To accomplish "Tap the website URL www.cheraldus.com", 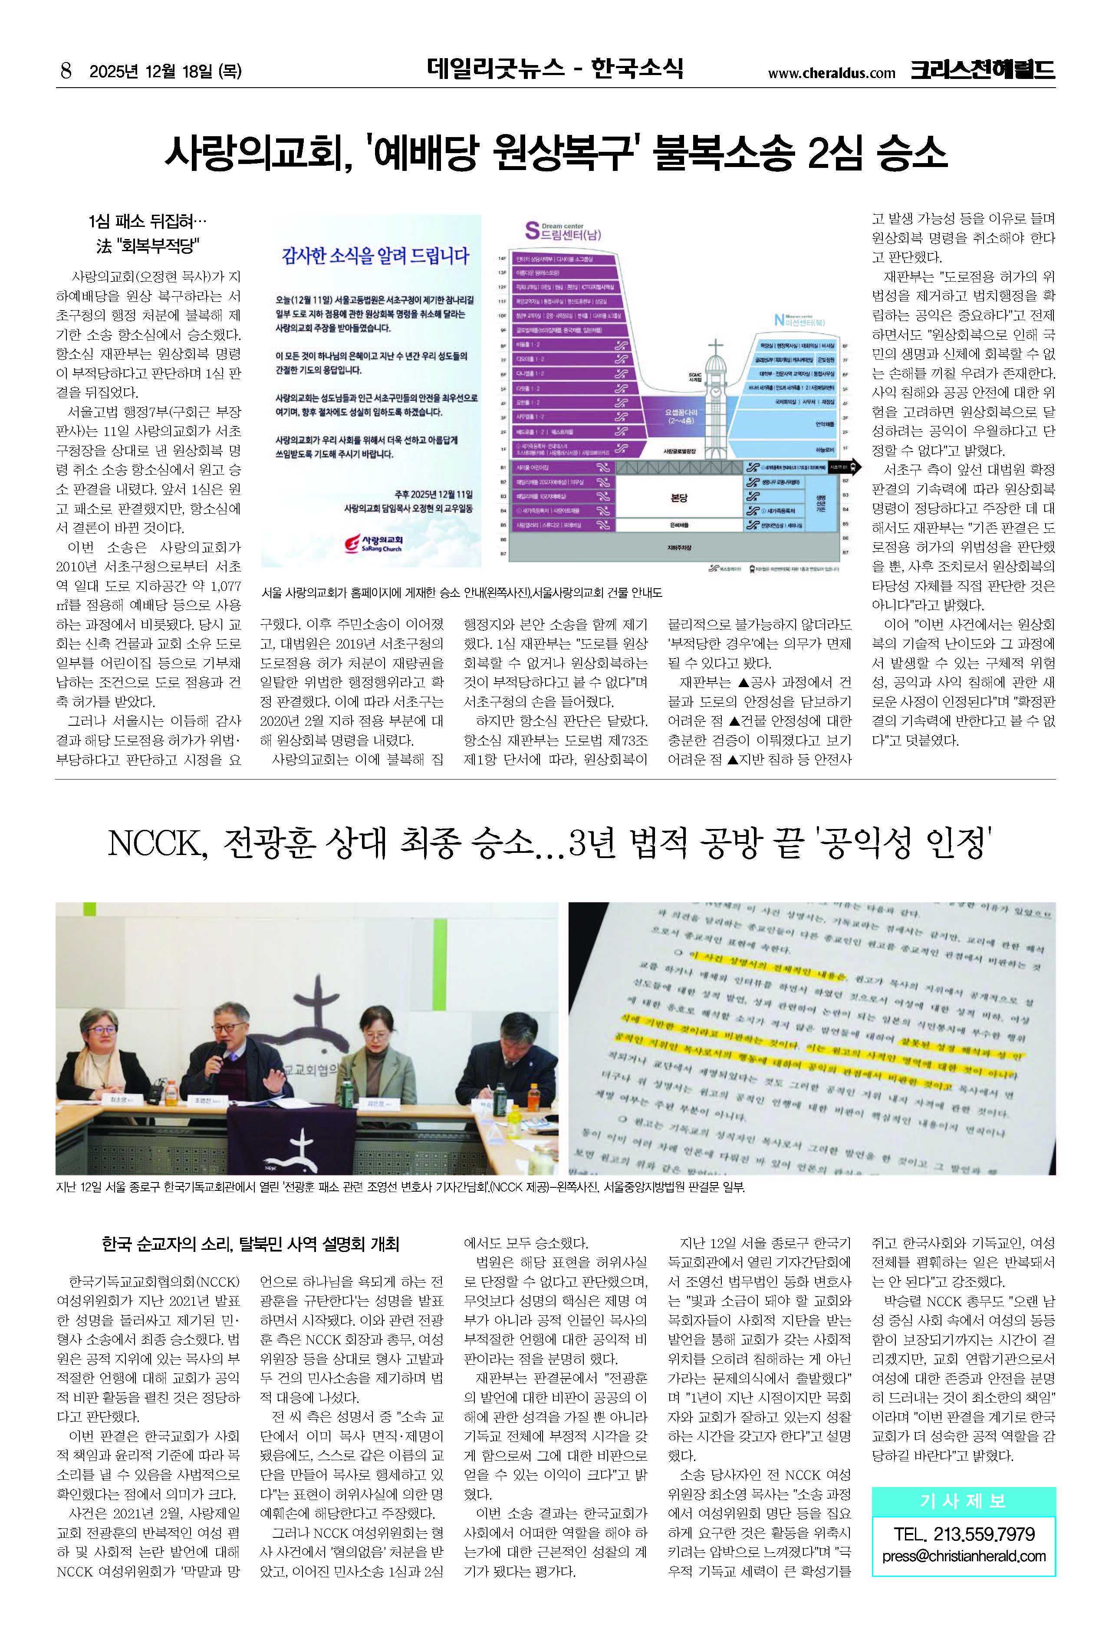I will [831, 73].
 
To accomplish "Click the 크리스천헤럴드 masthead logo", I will [983, 70].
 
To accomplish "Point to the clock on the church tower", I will [716, 391].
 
